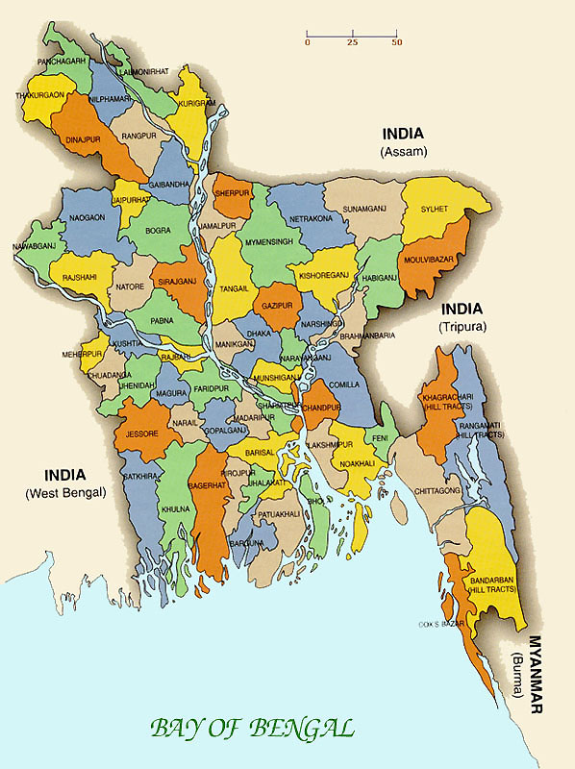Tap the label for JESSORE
coord(140,434)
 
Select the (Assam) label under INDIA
coord(403,152)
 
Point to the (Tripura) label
coord(463,327)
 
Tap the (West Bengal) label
coord(65,493)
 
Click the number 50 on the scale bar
coord(396,43)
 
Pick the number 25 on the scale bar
coord(352,43)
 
